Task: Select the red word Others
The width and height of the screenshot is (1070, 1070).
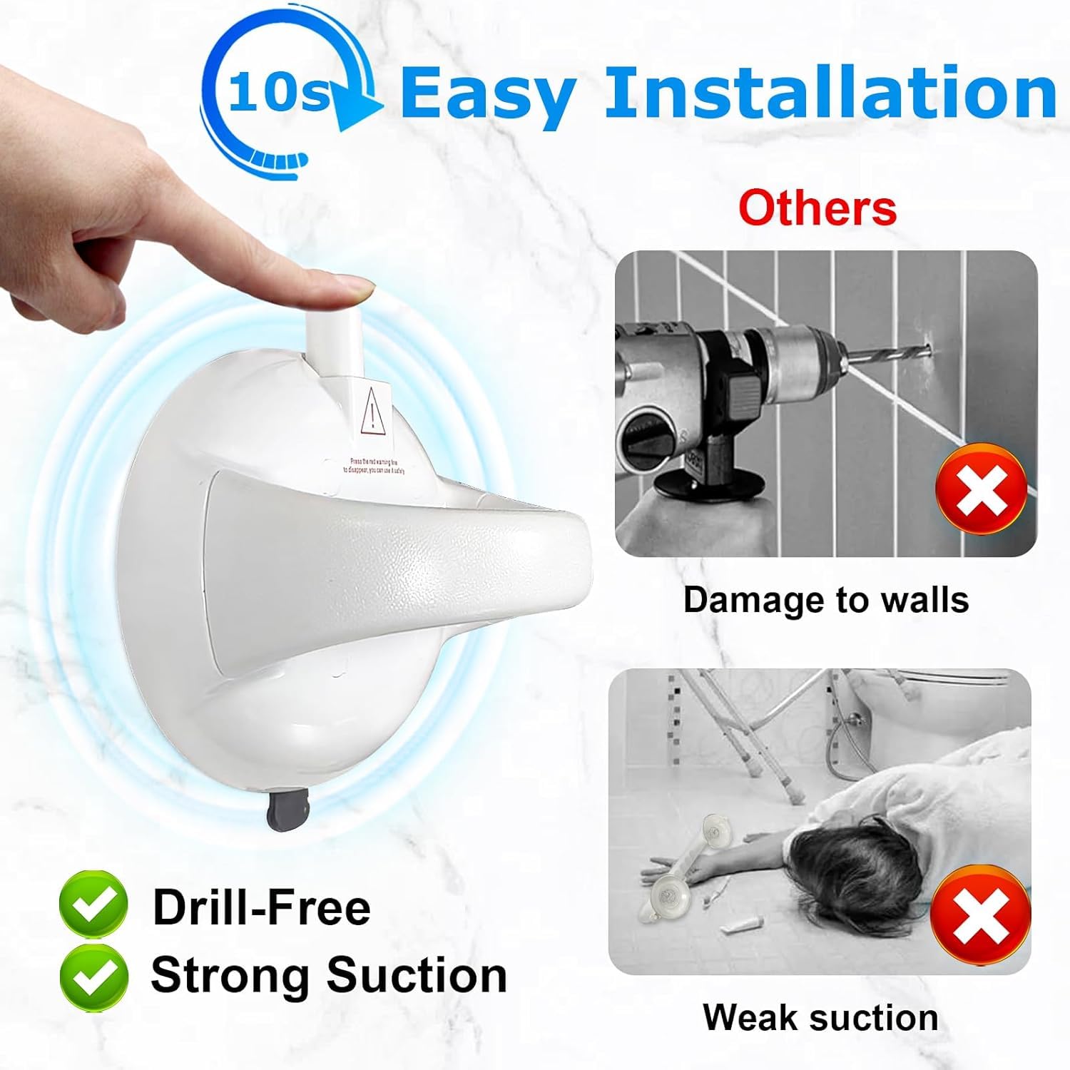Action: coord(817,208)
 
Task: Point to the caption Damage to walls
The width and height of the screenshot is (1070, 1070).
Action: coord(826,600)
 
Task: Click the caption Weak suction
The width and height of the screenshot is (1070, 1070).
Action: coord(820,1017)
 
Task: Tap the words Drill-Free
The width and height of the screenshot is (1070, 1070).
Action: coord(262,907)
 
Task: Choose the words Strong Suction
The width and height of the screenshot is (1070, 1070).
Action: coord(329,975)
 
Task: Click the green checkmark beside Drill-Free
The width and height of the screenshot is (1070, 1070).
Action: coord(93,904)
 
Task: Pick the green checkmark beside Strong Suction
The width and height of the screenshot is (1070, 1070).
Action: coord(93,976)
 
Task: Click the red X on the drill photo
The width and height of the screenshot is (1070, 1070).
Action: coord(981,489)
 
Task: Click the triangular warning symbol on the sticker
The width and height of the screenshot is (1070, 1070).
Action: coord(372,412)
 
